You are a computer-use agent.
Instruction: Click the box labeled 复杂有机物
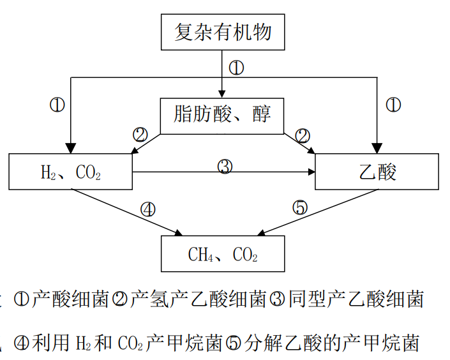[x=223, y=31]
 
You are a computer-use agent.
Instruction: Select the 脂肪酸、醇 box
[x=222, y=116]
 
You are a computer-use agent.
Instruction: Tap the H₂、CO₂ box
[x=71, y=172]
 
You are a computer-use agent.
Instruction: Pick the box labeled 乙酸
[x=377, y=172]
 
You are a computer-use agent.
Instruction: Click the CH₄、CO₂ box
[x=222, y=255]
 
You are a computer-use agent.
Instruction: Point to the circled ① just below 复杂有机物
[x=236, y=67]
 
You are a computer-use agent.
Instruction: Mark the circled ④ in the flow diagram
[x=147, y=208]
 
